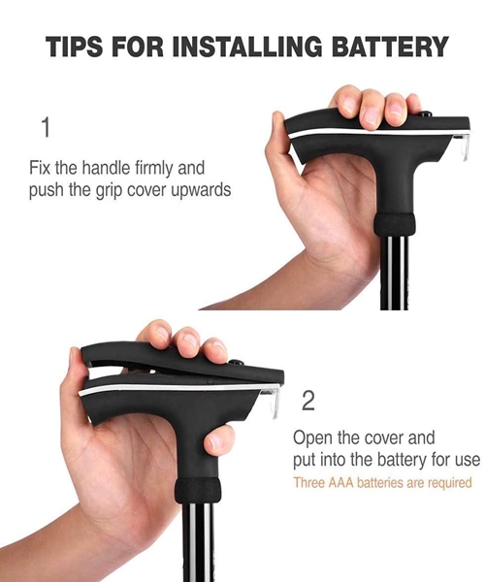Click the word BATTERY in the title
pyautogui.click(x=390, y=48)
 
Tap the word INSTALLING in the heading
pyautogui.click(x=247, y=48)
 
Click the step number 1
pyautogui.click(x=46, y=127)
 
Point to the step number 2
pyautogui.click(x=308, y=401)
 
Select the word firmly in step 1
pyautogui.click(x=153, y=168)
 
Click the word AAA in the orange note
pyautogui.click(x=342, y=483)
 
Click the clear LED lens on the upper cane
pyautogui.click(x=463, y=146)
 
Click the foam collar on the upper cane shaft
pyautogui.click(x=394, y=224)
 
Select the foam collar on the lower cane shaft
pyautogui.click(x=198, y=490)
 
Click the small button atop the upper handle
pyautogui.click(x=426, y=113)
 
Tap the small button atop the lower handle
pyautogui.click(x=234, y=362)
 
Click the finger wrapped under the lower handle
pyautogui.click(x=219, y=440)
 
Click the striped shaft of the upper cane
pyautogui.click(x=395, y=273)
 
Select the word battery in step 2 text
pyautogui.click(x=403, y=461)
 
